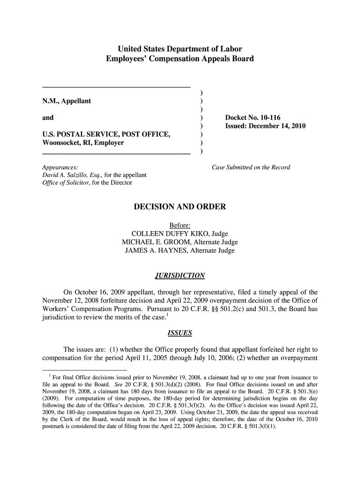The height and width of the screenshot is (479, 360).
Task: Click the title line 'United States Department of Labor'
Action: pyautogui.click(x=180, y=49)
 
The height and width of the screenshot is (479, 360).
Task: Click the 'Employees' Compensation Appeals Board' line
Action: pyautogui.click(x=180, y=59)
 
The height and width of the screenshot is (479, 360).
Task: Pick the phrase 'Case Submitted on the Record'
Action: pyautogui.click(x=251, y=167)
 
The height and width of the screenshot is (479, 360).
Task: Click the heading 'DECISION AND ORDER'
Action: pyautogui.click(x=180, y=206)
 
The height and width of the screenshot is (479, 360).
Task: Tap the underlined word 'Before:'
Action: pyautogui.click(x=180, y=225)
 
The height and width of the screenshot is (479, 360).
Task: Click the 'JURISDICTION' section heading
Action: pyautogui.click(x=180, y=276)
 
